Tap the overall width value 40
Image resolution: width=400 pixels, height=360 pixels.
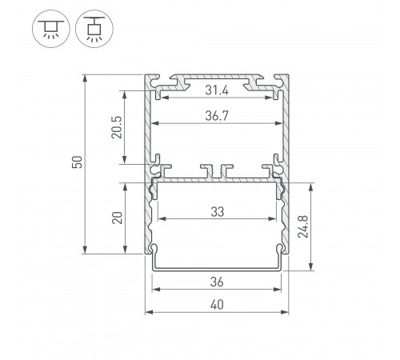click(216, 304)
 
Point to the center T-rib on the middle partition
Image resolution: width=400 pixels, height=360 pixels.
click(216, 170)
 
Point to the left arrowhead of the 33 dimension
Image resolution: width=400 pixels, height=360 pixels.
click(160, 218)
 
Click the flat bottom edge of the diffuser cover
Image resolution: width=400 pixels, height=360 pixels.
click(216, 270)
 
